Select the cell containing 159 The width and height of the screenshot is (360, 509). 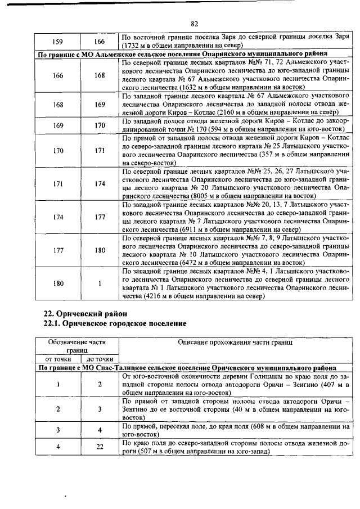(x=58, y=42)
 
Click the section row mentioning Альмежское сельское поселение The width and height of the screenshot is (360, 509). (x=195, y=54)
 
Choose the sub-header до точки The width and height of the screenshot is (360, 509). (x=99, y=359)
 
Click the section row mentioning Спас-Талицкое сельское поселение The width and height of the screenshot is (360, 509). (x=195, y=367)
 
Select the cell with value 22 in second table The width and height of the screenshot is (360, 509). (x=99, y=447)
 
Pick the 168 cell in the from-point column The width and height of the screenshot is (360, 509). (x=58, y=104)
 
